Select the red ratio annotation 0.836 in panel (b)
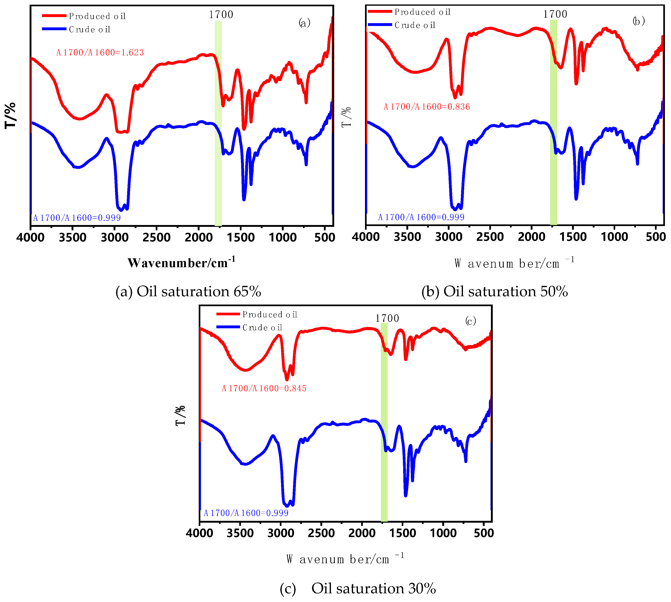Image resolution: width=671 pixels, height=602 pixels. [x=426, y=107]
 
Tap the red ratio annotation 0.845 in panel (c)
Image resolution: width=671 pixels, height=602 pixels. [x=264, y=388]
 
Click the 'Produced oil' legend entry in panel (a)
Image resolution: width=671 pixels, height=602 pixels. [x=97, y=16]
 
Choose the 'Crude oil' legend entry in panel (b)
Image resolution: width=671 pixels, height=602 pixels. [x=415, y=25]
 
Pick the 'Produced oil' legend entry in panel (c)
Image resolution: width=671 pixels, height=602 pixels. [x=270, y=314]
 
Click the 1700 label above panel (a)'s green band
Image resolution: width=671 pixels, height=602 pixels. [x=221, y=15]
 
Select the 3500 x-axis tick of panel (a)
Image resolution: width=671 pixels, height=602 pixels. [x=72, y=237]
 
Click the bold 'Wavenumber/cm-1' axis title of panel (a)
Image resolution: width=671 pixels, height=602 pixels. [x=181, y=263]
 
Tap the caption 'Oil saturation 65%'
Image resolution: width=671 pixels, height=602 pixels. [x=188, y=291]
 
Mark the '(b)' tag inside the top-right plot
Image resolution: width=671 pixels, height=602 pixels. [x=638, y=21]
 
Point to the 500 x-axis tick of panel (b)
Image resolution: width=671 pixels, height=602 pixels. [x=655, y=237]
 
